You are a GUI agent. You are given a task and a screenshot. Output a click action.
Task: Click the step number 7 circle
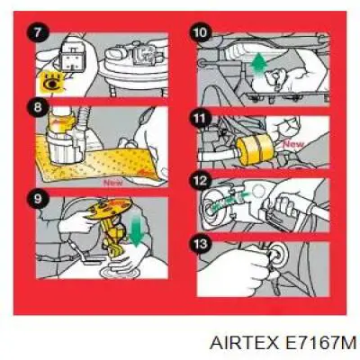pos(37,32)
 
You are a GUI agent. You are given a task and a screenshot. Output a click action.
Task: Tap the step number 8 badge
pos(37,107)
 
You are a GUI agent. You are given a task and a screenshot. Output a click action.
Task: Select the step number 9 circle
pos(37,198)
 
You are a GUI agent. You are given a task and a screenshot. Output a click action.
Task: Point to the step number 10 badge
pos(200,32)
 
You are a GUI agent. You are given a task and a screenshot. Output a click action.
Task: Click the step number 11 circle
pos(200,118)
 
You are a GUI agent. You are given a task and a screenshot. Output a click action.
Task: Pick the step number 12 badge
pos(200,181)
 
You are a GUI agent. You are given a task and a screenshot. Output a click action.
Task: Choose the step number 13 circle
pos(200,244)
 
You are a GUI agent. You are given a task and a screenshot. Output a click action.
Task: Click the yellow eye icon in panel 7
pos(53,82)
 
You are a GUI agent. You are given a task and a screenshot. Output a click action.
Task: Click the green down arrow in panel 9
pos(137,230)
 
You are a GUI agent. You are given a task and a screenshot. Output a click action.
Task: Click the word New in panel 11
pos(293,144)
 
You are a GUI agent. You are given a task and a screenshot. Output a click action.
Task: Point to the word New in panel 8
pos(112,183)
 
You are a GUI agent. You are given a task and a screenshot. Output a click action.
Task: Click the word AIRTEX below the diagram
pos(244,342)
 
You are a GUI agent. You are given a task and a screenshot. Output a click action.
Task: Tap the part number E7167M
pos(319,342)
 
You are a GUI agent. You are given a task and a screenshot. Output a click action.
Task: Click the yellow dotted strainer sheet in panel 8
pos(99,164)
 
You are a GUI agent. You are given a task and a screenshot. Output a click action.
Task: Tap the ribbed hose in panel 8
pos(84,119)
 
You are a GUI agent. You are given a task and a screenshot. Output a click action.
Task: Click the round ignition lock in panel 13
pos(277,255)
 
